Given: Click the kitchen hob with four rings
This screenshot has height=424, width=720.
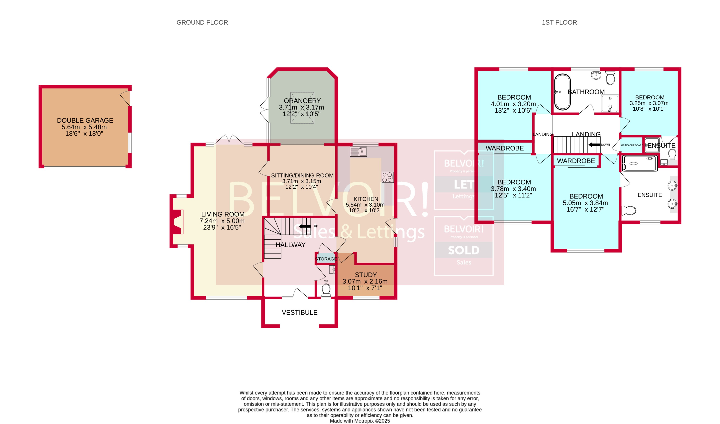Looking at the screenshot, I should pyautogui.click(x=387, y=177).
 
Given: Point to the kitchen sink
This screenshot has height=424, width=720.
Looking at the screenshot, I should pyautogui.click(x=358, y=151).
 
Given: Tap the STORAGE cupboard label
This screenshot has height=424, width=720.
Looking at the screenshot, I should pyautogui.click(x=326, y=259).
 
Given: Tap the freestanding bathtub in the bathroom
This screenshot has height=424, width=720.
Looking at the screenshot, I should pyautogui.click(x=562, y=92).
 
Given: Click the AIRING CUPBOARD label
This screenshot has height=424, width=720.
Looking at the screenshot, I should pyautogui.click(x=632, y=145).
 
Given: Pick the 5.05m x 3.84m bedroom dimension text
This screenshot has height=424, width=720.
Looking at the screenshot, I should pyautogui.click(x=585, y=203).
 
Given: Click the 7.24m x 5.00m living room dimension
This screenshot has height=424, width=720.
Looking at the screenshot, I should pyautogui.click(x=222, y=221).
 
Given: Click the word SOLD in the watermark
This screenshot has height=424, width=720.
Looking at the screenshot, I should pyautogui.click(x=463, y=250).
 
